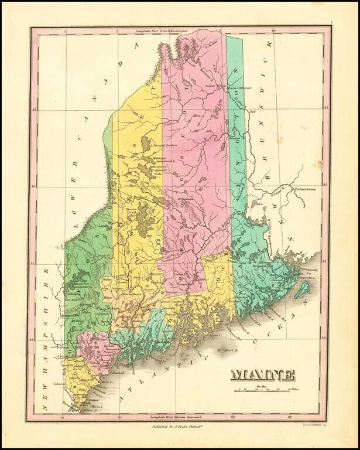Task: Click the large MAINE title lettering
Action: pos(263,374)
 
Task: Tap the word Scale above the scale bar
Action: pos(261,385)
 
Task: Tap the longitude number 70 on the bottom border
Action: pos(119,417)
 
